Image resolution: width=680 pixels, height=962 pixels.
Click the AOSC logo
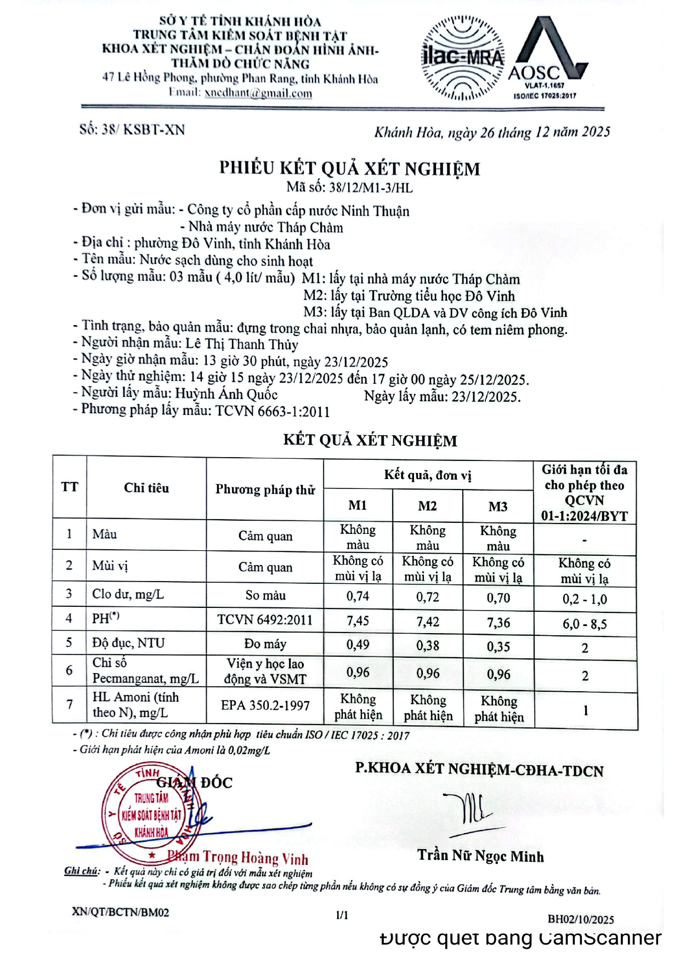(546, 58)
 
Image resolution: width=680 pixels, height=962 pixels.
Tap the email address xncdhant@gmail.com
(258, 93)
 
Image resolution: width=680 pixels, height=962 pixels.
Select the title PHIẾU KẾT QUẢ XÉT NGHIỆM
(349, 168)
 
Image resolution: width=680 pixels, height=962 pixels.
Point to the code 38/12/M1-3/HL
(371, 188)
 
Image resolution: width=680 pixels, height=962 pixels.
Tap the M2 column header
(427, 505)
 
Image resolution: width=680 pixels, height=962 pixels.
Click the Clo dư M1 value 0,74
(358, 596)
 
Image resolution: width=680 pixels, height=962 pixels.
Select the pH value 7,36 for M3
(498, 622)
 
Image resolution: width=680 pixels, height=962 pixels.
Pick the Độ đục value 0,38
(427, 646)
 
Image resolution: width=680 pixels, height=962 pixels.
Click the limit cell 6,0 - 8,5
(585, 624)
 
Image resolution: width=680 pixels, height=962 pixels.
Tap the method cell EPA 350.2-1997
(265, 705)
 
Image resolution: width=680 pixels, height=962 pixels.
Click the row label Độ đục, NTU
(128, 643)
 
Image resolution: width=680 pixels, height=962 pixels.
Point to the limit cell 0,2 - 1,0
(585, 599)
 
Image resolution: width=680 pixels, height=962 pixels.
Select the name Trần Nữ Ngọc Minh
(480, 856)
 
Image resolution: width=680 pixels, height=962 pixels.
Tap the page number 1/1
(342, 915)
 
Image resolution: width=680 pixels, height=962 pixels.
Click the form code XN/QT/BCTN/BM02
(120, 912)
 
